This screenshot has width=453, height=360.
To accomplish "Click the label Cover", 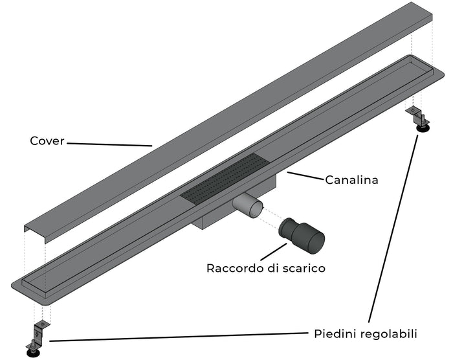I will click(47, 141).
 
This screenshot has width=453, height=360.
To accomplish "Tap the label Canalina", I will click(351, 180).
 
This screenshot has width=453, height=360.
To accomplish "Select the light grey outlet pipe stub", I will click(249, 208).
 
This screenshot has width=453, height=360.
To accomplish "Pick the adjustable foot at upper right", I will click(420, 118).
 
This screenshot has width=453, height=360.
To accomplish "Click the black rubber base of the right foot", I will click(424, 128).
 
